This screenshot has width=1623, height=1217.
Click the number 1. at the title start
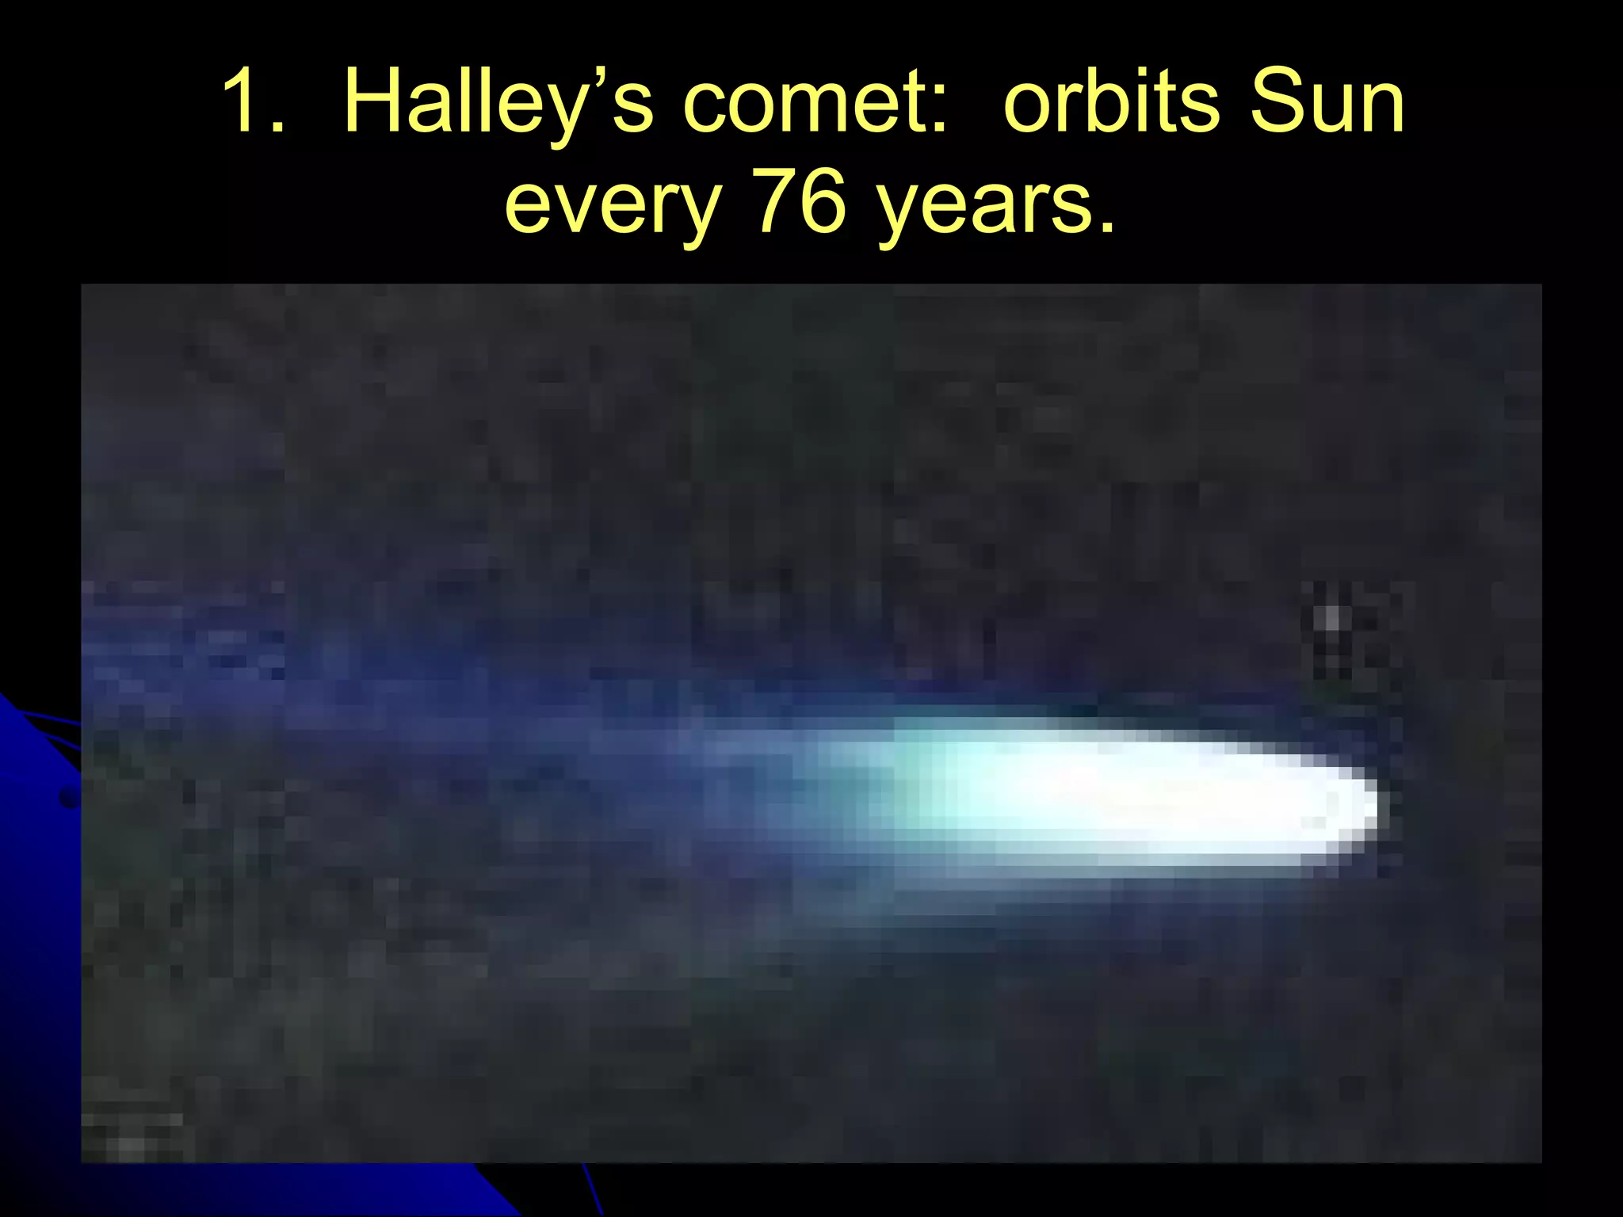coord(252,101)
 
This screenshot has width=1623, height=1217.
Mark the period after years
coord(1106,227)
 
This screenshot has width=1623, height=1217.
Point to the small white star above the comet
coord(1331,618)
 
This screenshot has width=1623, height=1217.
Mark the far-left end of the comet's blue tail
coord(103,658)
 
